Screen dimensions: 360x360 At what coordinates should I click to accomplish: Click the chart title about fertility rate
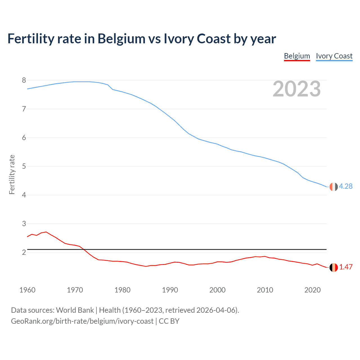point(141,39)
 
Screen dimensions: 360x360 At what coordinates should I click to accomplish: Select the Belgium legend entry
point(297,56)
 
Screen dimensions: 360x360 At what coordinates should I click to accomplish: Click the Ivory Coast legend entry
point(334,56)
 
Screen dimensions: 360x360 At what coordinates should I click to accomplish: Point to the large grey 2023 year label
point(296,89)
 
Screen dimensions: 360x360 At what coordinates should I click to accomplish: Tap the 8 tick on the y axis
point(24,80)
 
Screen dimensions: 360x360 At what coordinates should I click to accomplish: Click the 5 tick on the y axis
point(24,166)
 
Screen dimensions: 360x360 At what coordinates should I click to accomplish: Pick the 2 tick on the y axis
point(24,253)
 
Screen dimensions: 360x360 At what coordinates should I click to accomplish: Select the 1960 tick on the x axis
point(27,290)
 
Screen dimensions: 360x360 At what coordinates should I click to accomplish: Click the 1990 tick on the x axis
point(170,290)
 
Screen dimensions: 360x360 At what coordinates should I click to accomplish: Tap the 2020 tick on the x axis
point(312,290)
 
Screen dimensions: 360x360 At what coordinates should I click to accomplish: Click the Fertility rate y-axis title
point(12,174)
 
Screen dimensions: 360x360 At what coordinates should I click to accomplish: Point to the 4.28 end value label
point(346,186)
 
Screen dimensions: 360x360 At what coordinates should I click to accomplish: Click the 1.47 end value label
point(346,267)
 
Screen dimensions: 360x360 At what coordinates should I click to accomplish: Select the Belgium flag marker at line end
point(334,267)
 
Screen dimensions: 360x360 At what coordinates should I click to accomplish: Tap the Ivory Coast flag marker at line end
point(334,187)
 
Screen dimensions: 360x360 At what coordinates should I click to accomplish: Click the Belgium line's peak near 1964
point(46,232)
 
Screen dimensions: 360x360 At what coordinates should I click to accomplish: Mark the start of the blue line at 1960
point(28,89)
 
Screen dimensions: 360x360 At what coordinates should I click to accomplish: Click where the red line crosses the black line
point(84,249)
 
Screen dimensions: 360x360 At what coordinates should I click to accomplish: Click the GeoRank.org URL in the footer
point(82,321)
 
